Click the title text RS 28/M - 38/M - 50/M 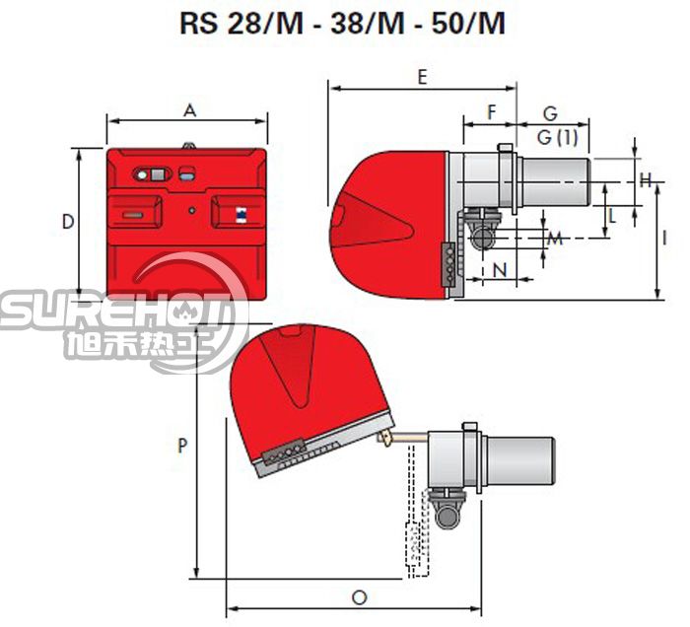342,23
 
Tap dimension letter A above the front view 189,110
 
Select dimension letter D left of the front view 68,221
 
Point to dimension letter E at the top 422,78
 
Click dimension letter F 492,112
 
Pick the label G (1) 557,138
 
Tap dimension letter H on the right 646,180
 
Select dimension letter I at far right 664,238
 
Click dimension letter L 612,216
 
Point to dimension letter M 554,239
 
